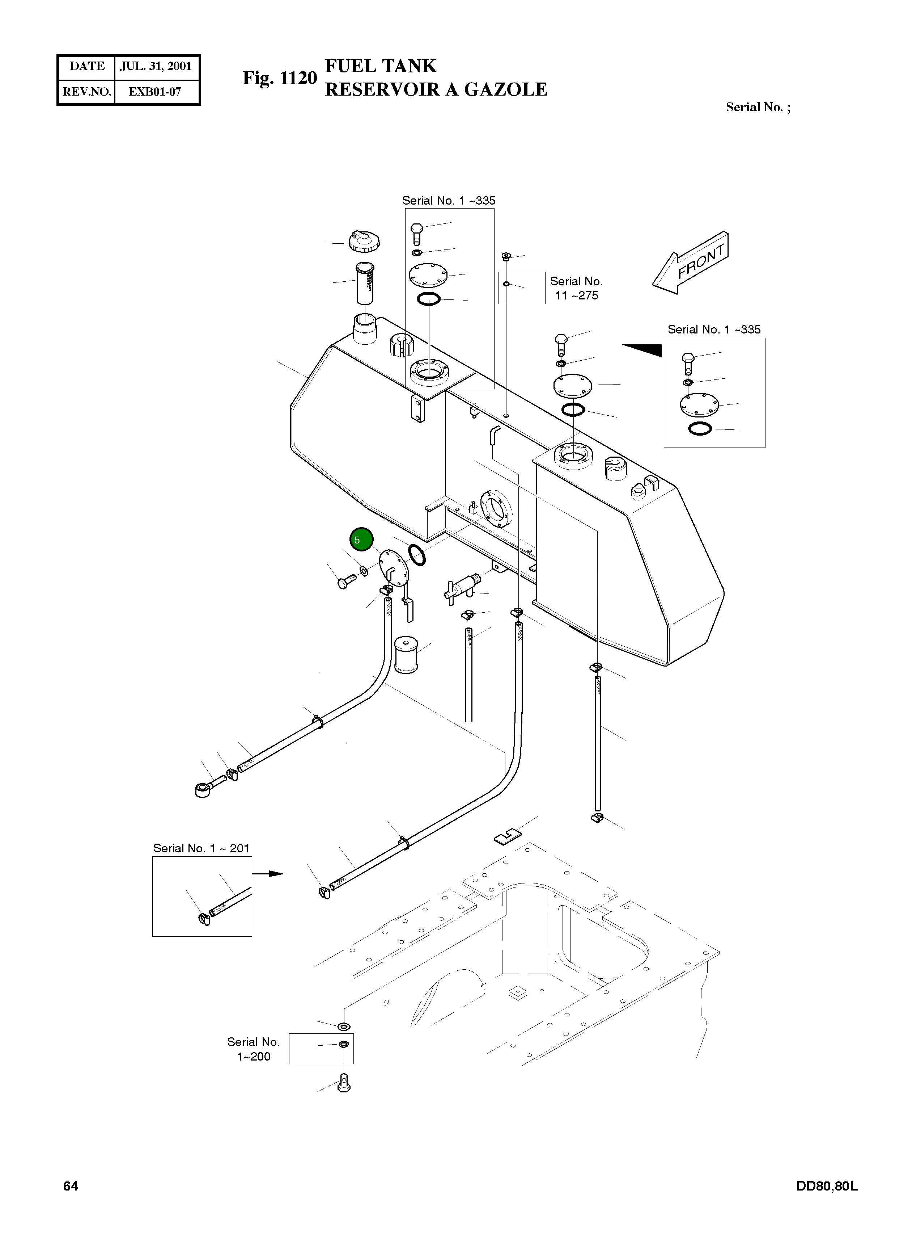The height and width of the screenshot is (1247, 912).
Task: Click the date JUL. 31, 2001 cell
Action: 156,66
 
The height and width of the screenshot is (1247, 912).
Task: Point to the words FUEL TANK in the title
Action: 380,66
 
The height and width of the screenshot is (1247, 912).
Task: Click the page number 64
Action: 71,1186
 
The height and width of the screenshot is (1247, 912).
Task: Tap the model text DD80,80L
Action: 826,1186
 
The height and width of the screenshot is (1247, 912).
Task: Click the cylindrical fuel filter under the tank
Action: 406,655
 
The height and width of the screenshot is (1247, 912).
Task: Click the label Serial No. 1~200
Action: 253,1049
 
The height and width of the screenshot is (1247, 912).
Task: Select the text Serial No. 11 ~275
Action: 576,289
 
